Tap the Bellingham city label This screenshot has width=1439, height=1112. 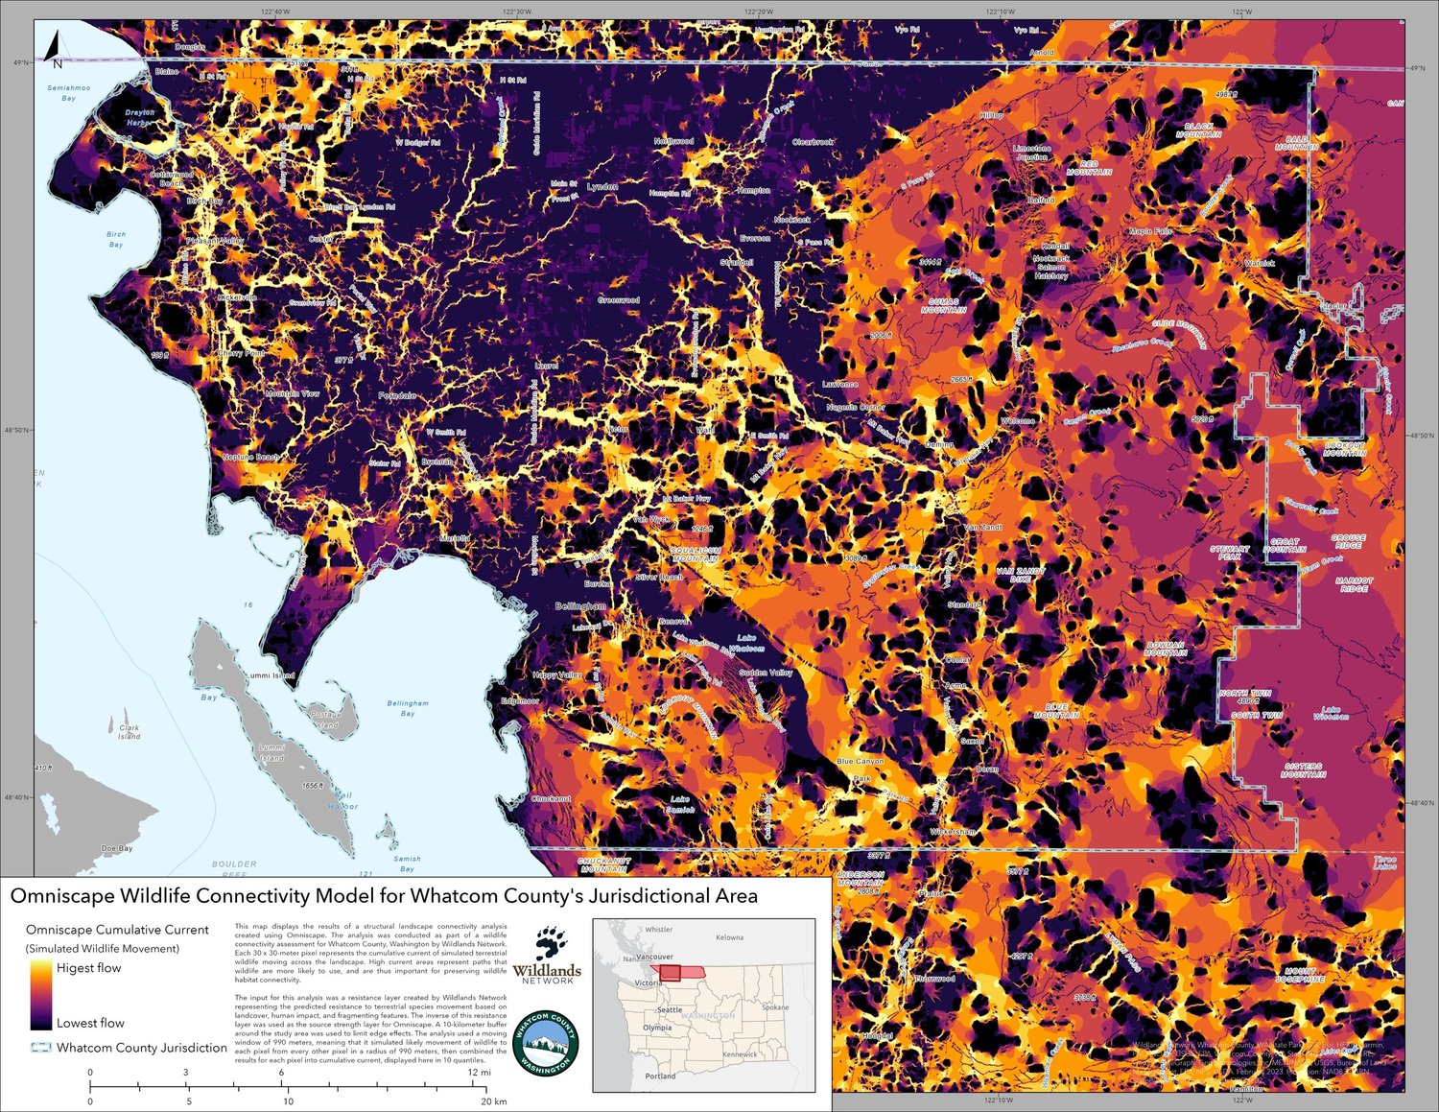point(580,606)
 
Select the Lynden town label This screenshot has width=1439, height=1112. point(602,186)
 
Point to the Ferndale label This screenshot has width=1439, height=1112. point(396,395)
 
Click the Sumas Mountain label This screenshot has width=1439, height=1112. point(943,305)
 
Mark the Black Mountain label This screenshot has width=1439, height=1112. point(1198,130)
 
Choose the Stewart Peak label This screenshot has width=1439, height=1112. point(1229,553)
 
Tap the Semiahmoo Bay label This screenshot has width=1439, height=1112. point(69,93)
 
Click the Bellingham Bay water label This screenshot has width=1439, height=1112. point(408,708)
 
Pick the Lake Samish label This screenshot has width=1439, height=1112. point(680,804)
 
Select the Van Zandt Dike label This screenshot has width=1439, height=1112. point(1020,575)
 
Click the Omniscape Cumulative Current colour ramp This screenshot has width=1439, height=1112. point(41,995)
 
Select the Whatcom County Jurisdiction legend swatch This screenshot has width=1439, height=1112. point(41,1048)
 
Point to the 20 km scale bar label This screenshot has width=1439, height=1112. point(493,1101)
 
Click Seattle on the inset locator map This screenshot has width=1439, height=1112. point(670,1009)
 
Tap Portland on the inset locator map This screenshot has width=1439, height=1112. point(660,1077)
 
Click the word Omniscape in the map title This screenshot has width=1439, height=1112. point(61,896)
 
